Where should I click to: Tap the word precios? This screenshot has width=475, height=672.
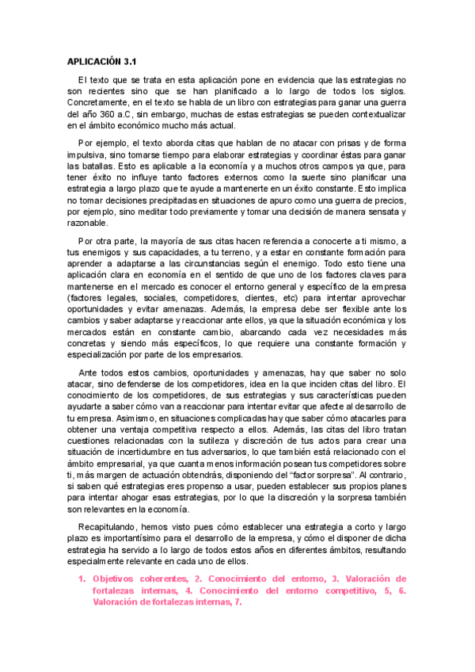click(387, 201)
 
